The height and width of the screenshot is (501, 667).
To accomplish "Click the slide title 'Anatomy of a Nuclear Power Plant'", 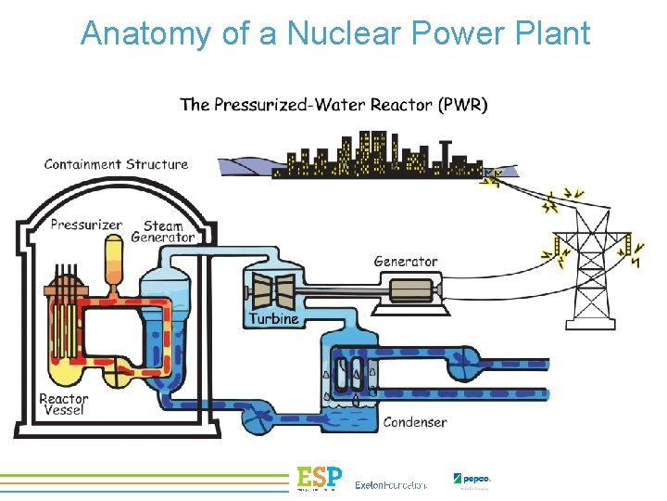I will (334, 34).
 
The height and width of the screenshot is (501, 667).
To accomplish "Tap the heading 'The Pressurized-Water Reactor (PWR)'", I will (333, 104).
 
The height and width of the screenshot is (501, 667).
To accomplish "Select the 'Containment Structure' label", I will (116, 164).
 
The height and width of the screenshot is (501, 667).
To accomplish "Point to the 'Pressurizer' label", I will (85, 224).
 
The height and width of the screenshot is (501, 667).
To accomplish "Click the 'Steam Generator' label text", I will (164, 231).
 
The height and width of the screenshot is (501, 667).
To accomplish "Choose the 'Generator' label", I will (405, 262).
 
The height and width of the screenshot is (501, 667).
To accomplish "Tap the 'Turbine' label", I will (273, 318).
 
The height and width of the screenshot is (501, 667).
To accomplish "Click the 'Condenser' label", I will (415, 422).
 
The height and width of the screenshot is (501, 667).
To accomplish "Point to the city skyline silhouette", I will (371, 155).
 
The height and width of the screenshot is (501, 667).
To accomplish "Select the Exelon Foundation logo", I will (391, 484).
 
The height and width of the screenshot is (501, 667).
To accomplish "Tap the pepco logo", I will (473, 480).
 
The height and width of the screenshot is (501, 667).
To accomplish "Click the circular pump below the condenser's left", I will (255, 420).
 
